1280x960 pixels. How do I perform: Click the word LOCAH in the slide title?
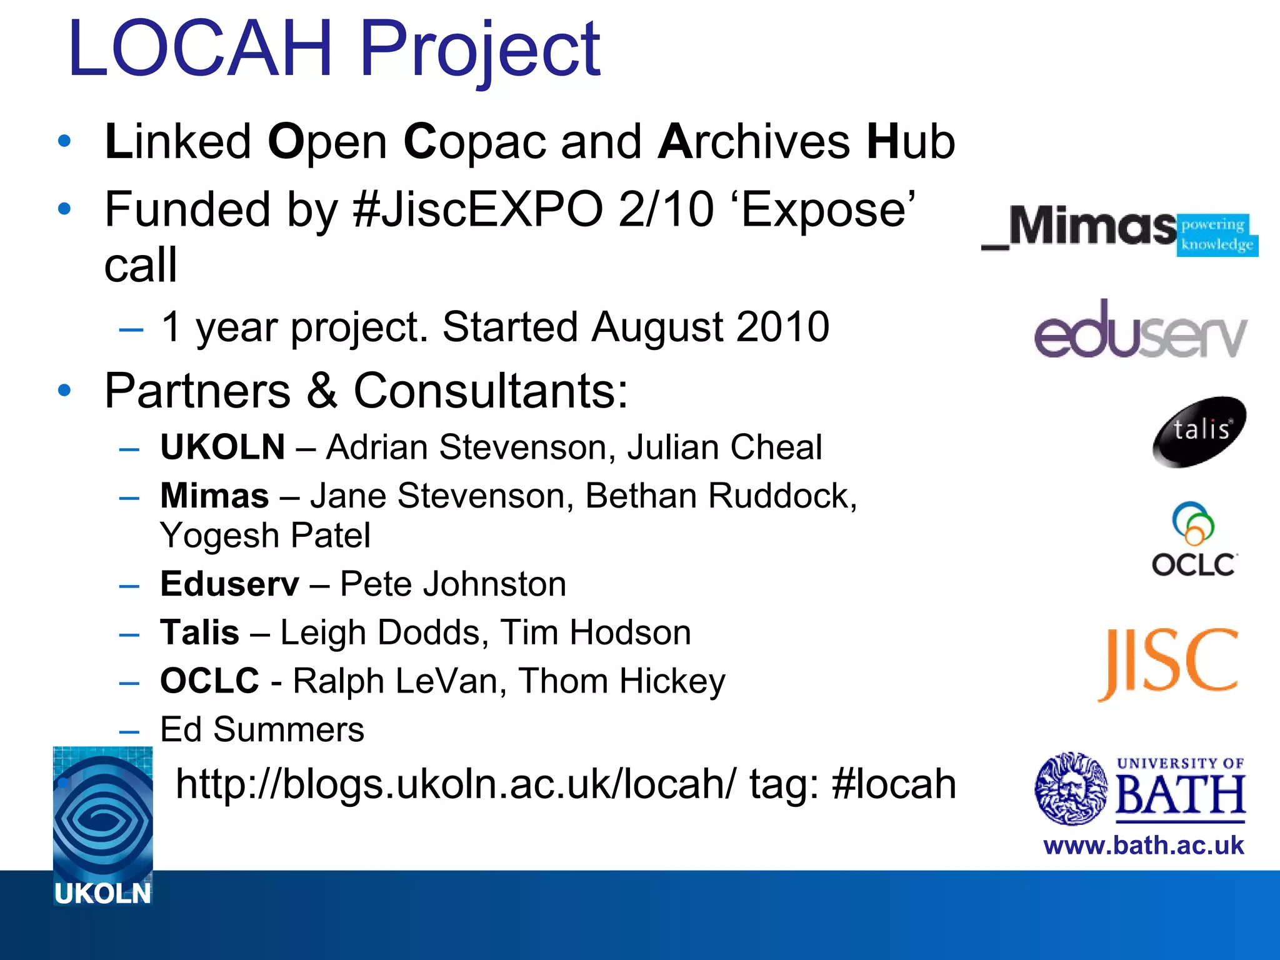[x=200, y=49]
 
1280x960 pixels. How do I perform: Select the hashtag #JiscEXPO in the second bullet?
[x=477, y=210]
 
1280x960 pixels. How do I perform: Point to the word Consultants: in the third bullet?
[x=491, y=391]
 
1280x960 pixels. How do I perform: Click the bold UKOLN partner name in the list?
[x=222, y=447]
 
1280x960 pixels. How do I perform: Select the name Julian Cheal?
[x=724, y=447]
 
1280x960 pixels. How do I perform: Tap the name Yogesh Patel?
[x=265, y=536]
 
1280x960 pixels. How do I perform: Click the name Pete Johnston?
[x=452, y=584]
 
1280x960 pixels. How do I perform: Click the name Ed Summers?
[x=262, y=729]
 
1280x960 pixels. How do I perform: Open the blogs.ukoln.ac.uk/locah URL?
[x=456, y=784]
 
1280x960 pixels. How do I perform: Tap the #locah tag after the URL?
[x=894, y=784]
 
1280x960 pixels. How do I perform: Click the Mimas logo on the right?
[x=1119, y=228]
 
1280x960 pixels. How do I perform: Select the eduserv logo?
[x=1140, y=330]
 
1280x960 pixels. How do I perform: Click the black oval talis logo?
[x=1199, y=431]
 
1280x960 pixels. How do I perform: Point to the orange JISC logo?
[x=1167, y=664]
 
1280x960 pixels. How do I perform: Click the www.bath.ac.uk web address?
[x=1143, y=846]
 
